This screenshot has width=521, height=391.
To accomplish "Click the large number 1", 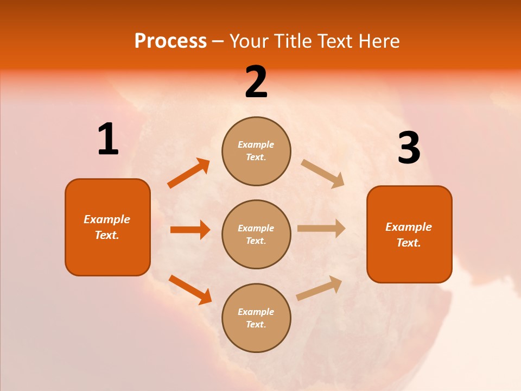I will click(108, 139).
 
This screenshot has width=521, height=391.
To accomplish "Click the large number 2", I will click(256, 83).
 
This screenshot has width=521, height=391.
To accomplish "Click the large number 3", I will click(409, 148).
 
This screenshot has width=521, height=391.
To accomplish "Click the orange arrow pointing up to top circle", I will click(188, 173).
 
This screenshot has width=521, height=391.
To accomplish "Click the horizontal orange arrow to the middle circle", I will click(190, 230).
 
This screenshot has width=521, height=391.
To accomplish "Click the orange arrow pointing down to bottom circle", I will click(190, 289).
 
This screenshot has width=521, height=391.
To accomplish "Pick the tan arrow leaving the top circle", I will click(323, 174).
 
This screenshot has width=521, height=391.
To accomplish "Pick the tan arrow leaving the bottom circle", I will click(319, 288).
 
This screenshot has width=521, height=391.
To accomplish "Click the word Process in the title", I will click(170, 41).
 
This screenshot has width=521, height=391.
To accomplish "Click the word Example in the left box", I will click(107, 219).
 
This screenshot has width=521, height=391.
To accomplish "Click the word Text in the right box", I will click(408, 243).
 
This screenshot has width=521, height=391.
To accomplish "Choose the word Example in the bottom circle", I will click(256, 312).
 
